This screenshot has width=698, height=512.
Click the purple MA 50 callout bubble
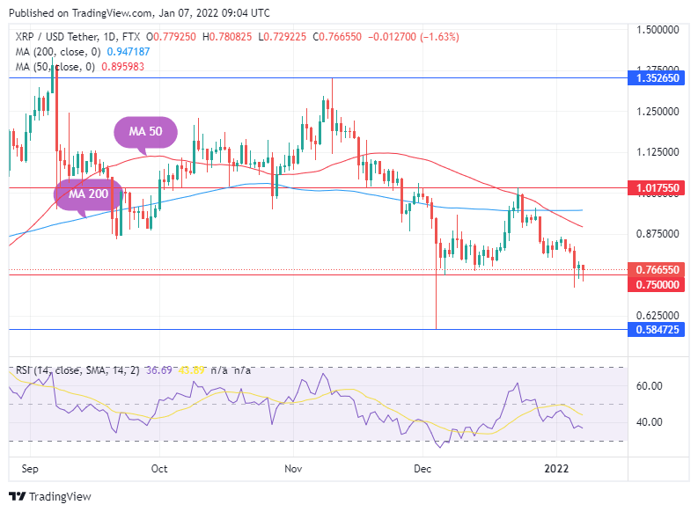coord(147,132)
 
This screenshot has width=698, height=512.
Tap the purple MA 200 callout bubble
coord(87,194)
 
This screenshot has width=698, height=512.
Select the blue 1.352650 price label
coord(658,78)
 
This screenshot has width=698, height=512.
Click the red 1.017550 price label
coord(658,188)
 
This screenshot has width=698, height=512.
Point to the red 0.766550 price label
coord(658,269)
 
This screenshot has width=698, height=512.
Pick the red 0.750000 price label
coord(658,284)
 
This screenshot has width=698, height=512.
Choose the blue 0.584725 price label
coord(658,329)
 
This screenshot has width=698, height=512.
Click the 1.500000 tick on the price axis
coord(658,30)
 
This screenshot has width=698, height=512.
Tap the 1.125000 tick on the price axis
coord(658,152)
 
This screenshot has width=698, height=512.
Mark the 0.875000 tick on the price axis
coord(658,234)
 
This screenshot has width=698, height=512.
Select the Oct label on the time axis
coord(159,470)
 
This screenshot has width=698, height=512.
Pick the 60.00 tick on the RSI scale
coord(649,386)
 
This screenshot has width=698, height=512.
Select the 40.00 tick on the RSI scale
coord(649,422)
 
